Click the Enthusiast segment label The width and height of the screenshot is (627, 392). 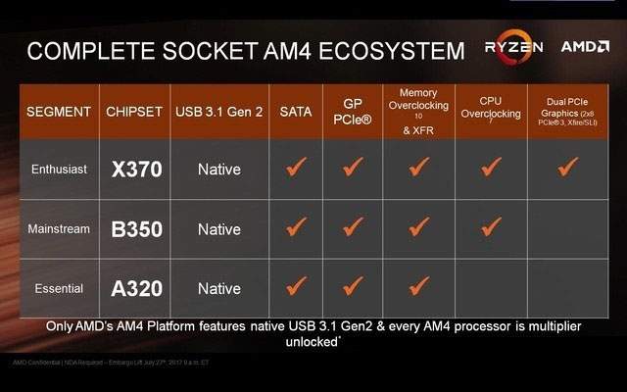58,170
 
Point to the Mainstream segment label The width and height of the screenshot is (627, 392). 58,229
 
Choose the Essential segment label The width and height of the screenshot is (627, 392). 58,289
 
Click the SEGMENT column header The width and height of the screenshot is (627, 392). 58,112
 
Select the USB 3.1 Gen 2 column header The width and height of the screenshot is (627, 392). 218,112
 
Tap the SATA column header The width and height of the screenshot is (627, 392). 295,112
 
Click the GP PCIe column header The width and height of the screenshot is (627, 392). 355,111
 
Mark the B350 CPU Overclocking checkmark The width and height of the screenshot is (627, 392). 491,227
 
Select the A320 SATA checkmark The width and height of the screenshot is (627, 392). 295,287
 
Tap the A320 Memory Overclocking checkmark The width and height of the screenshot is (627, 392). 420,287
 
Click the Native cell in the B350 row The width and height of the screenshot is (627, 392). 218,229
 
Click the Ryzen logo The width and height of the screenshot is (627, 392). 512,46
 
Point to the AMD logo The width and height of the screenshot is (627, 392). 585,46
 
